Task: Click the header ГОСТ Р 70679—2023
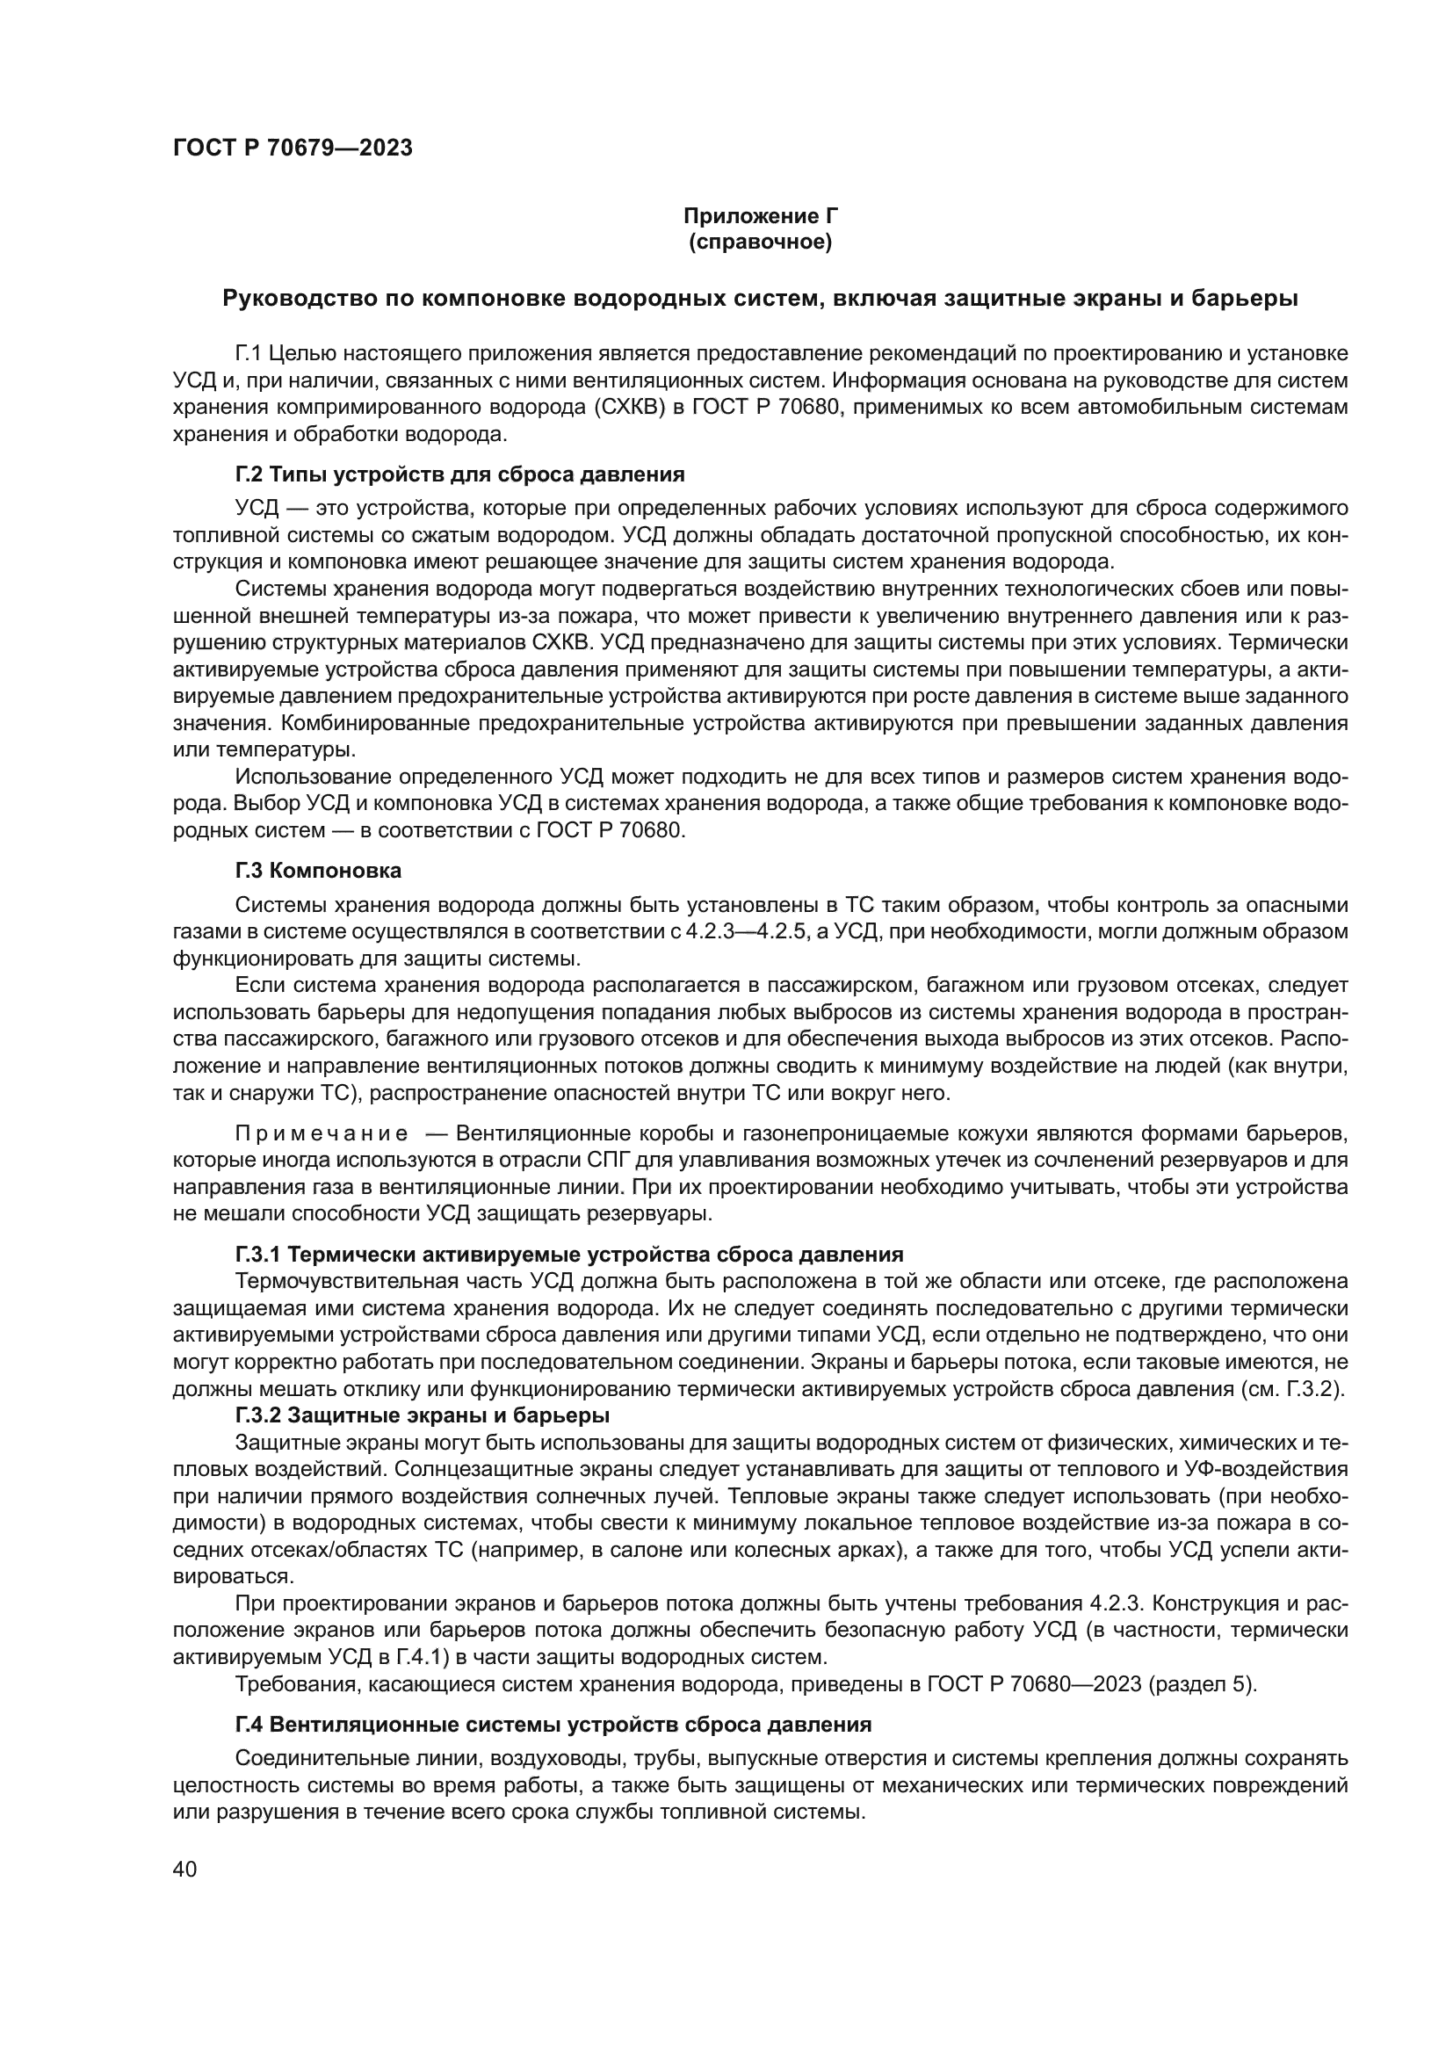tap(293, 148)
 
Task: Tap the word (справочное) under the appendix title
tap(761, 242)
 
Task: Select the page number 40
tap(184, 1869)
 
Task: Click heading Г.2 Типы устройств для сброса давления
tap(459, 474)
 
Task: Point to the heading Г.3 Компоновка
tap(319, 870)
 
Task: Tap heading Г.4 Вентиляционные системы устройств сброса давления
tap(553, 1725)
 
